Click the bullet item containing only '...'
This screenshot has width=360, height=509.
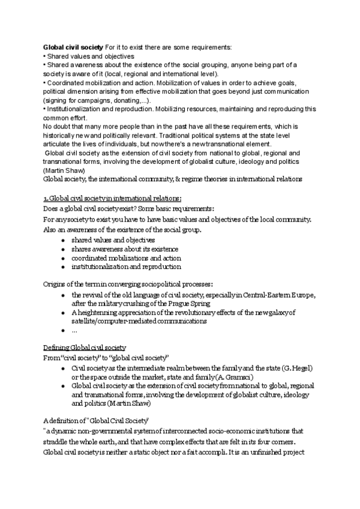tap(74, 330)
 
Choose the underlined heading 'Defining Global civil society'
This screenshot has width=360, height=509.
tap(85, 348)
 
